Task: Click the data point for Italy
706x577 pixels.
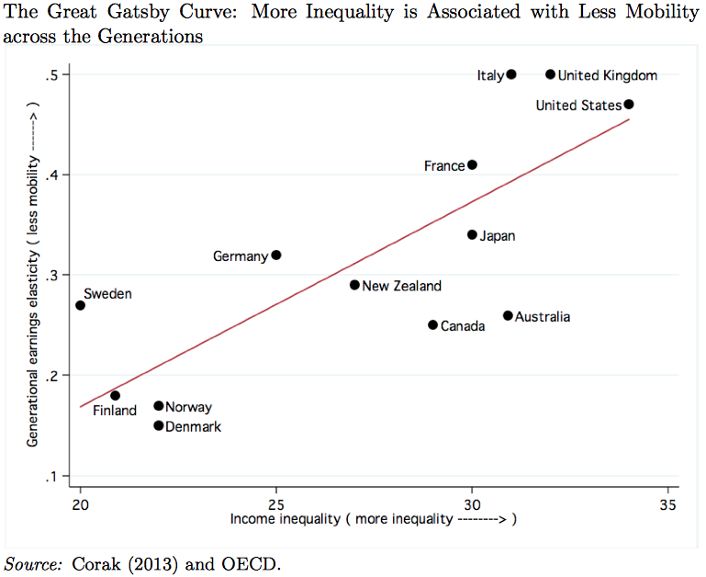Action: coord(511,74)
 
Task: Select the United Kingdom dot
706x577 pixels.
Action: coord(551,74)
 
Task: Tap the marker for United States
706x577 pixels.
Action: coord(629,105)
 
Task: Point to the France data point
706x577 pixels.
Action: coord(473,165)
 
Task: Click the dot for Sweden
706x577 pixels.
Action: coord(81,305)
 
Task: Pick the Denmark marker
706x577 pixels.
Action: coord(159,425)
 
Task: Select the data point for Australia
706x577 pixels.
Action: coord(508,316)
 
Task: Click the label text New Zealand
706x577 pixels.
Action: coord(401,286)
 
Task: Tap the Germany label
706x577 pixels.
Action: coord(240,256)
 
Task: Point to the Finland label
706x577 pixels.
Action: coord(115,411)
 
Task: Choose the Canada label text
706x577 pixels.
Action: coord(463,326)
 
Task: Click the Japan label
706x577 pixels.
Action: coord(498,236)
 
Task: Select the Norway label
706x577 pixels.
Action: coord(189,407)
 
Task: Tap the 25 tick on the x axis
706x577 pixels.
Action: coord(276,504)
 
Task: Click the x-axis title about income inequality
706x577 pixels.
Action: coord(373,520)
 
